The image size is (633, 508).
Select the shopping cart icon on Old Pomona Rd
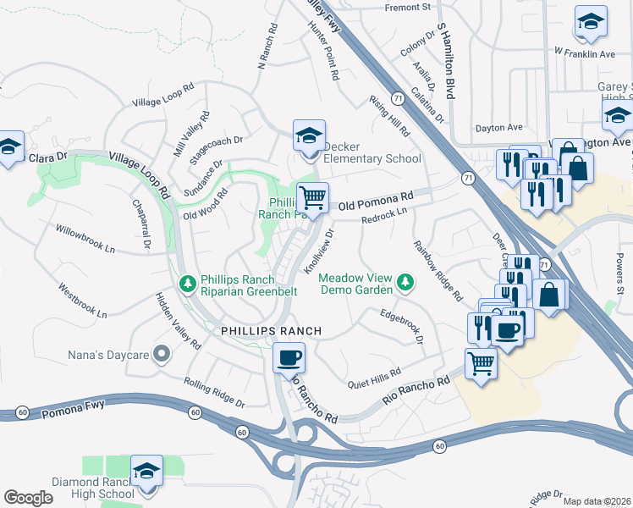pyautogui.click(x=313, y=198)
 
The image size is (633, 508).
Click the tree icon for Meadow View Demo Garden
pyautogui.click(x=406, y=282)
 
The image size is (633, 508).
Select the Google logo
pyautogui.click(x=28, y=498)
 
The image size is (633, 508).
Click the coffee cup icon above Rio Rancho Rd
pyautogui.click(x=289, y=357)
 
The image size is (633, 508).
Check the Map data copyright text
pyautogui.click(x=597, y=501)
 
